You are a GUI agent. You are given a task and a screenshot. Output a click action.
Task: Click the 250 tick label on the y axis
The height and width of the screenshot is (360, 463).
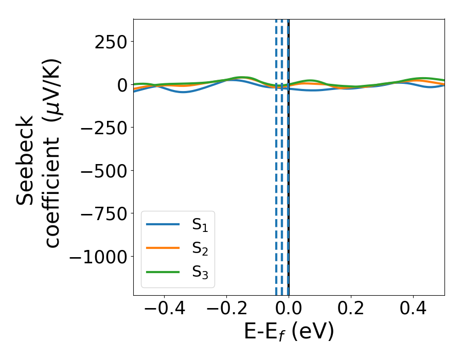[x=111, y=42]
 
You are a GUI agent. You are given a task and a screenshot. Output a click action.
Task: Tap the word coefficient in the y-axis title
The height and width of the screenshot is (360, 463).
[x=51, y=190]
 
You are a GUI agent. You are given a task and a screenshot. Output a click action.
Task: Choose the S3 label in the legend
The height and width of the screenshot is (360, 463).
[x=200, y=272]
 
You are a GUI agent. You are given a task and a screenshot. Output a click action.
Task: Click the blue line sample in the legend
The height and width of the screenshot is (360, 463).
[x=163, y=224]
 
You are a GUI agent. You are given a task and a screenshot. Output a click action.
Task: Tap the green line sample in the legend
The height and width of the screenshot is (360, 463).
[x=163, y=272]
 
